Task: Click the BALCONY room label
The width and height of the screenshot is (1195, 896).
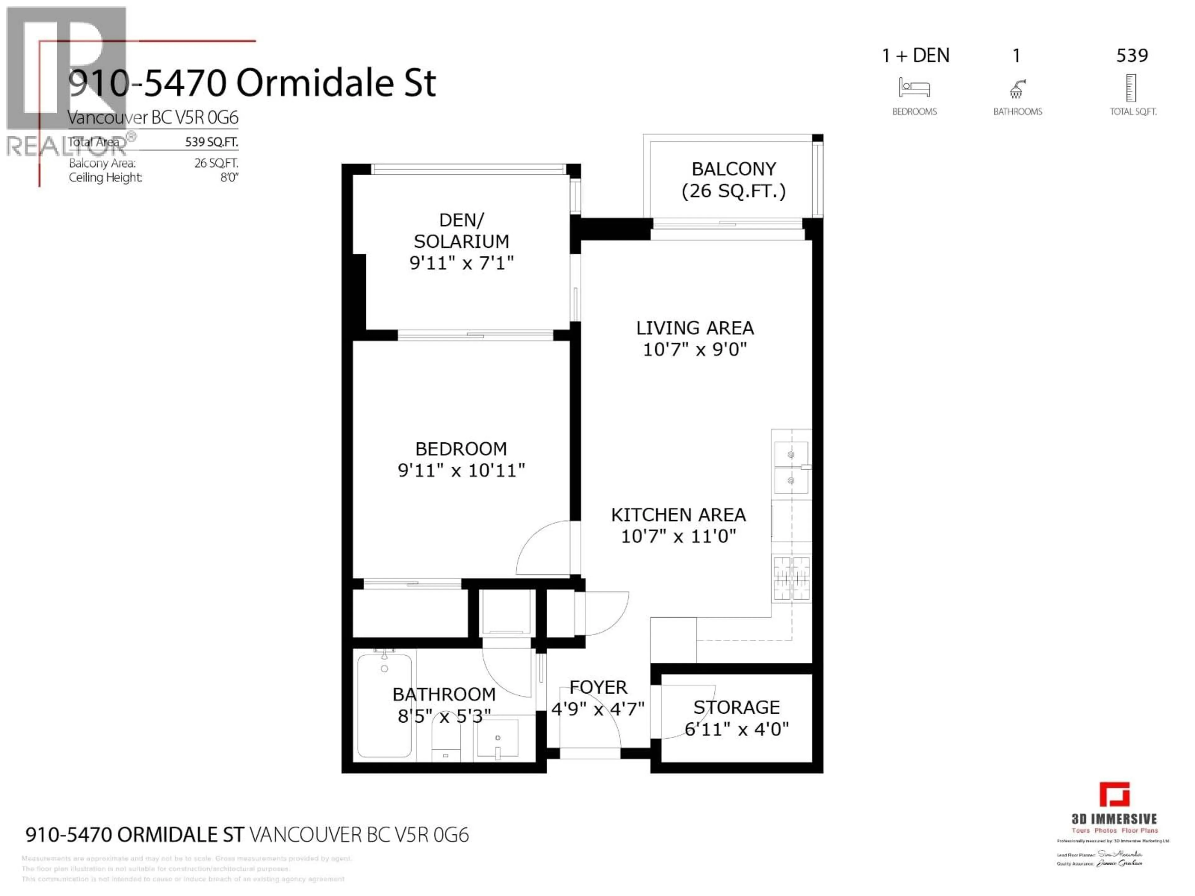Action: pyautogui.click(x=733, y=169)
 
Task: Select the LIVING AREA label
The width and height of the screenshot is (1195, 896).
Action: pyautogui.click(x=695, y=328)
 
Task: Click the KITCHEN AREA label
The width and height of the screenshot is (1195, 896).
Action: pyautogui.click(x=678, y=515)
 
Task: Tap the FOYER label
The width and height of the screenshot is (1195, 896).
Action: pyautogui.click(x=598, y=688)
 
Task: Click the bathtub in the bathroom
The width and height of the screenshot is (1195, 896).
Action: pyautogui.click(x=384, y=705)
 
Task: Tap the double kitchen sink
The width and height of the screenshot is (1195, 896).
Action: pyautogui.click(x=791, y=468)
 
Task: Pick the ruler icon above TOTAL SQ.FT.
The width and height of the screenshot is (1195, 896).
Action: pyautogui.click(x=1131, y=88)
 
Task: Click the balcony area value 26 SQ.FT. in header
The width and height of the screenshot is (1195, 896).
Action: pyautogui.click(x=216, y=163)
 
